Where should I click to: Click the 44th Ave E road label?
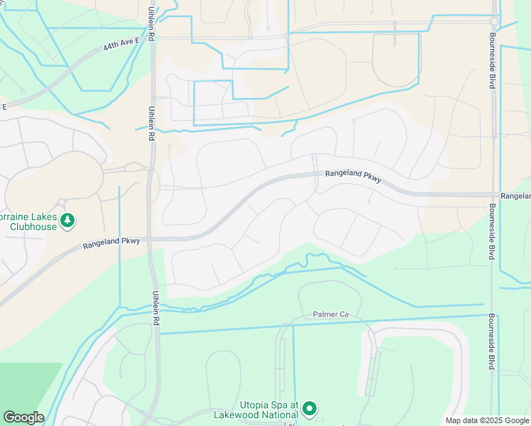coord(123,45)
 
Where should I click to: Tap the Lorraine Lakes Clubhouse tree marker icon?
coord(67,221)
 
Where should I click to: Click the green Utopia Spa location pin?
coord(309,409)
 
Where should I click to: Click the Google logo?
coord(23,417)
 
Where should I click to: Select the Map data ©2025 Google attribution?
coord(487,420)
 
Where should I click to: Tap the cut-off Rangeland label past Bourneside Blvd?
coord(515,195)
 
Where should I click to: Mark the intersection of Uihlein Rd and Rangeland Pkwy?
coord(151,239)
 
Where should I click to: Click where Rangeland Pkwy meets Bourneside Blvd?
coord(491,194)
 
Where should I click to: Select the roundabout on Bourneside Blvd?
coord(493,24)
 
